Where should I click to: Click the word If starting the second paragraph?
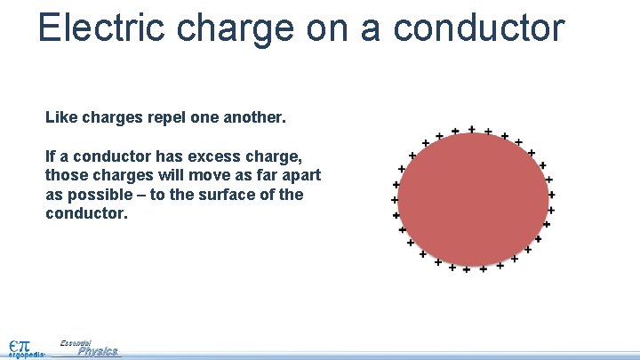tap(51, 156)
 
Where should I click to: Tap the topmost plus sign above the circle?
tap(471, 129)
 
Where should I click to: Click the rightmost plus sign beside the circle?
tap(552, 194)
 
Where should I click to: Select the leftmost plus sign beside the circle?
tap(395, 199)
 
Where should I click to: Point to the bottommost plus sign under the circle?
tap(467, 268)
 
